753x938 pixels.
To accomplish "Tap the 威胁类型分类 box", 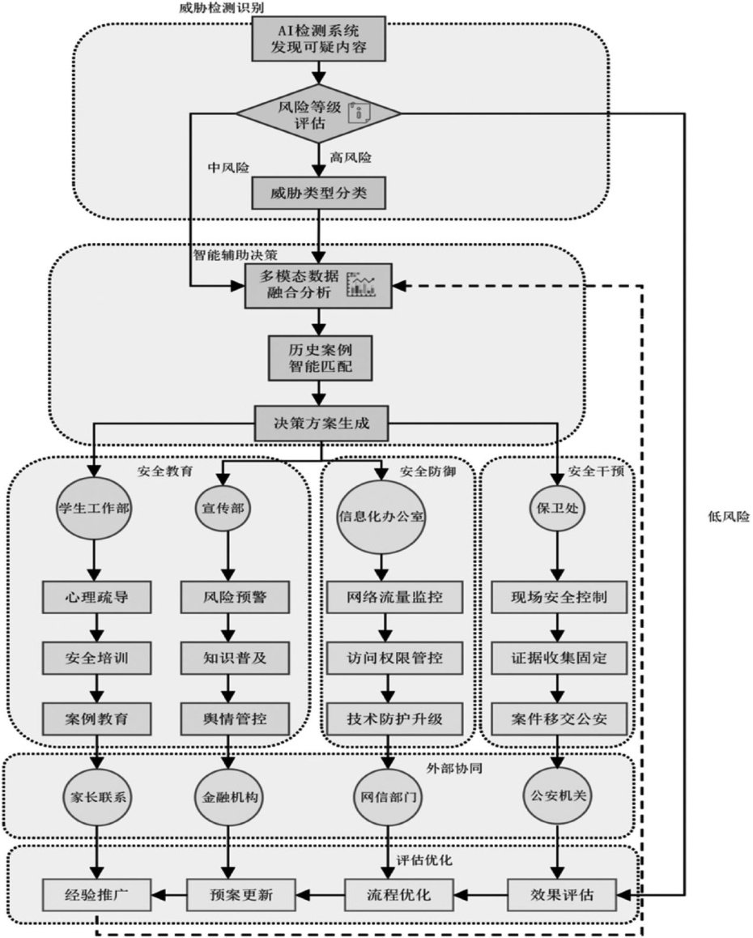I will coord(318,193).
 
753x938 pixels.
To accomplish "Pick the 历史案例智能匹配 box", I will coord(320,357).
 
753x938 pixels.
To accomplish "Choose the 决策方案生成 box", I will coord(321,422).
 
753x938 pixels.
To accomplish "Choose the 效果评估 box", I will coord(561,895).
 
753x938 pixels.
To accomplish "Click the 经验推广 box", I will coord(96,895).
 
